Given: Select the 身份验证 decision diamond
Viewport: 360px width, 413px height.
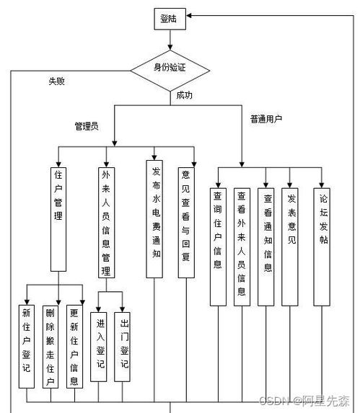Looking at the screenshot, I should [170, 69].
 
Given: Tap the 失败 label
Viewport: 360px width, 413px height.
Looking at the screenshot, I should [57, 81].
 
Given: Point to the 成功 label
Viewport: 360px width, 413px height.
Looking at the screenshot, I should [185, 94].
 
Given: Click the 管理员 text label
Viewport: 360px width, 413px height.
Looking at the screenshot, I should [87, 125].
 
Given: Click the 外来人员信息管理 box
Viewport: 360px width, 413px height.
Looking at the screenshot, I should [106, 221].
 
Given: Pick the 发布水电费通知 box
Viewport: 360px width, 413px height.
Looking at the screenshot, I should [155, 218].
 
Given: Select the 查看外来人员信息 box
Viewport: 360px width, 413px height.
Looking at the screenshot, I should [242, 244].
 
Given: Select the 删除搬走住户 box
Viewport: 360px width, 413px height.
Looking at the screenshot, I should [51, 347].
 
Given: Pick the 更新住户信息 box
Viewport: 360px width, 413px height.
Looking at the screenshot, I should [74, 347].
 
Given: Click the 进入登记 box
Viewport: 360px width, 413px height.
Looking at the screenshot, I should [99, 345].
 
